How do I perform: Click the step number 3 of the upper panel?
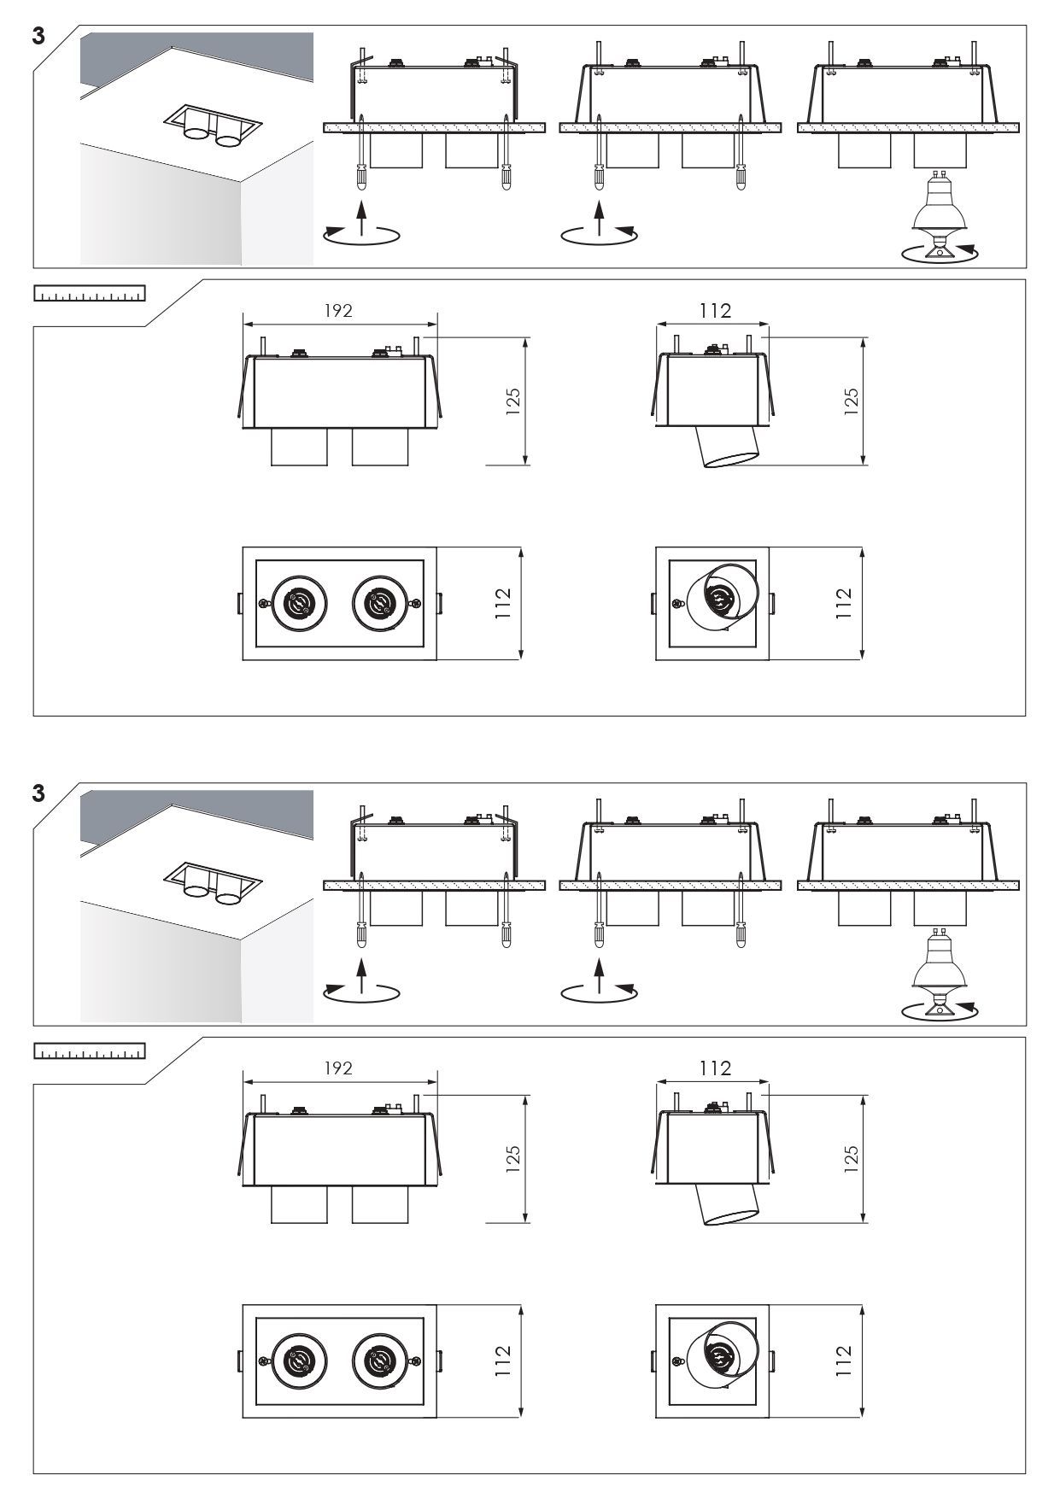(x=38, y=38)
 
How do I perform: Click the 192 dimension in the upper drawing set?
(x=338, y=311)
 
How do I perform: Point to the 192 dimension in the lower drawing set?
(x=338, y=1068)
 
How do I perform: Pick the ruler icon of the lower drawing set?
(x=89, y=1051)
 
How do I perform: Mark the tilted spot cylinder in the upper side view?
(x=728, y=447)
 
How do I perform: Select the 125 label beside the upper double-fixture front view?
(x=513, y=401)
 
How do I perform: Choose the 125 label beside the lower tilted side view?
(x=851, y=1159)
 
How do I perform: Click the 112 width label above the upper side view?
(x=715, y=311)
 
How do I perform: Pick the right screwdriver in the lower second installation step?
(x=740, y=910)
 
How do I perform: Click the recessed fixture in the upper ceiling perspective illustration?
(x=211, y=127)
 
